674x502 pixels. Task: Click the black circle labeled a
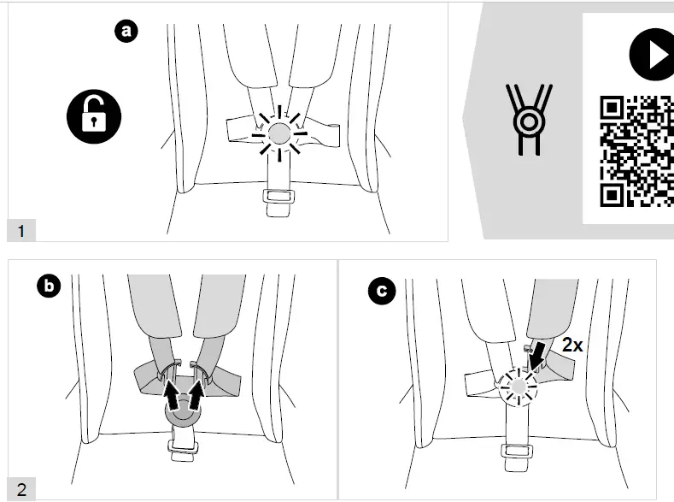tap(126, 32)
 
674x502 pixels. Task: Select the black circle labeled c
tap(381, 291)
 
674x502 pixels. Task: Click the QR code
tap(636, 151)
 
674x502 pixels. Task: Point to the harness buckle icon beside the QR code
tap(530, 118)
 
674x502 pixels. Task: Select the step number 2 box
tap(21, 489)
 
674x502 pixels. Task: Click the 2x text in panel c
tap(572, 345)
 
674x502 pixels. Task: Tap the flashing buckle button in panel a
tap(278, 133)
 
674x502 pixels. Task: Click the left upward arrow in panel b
tap(174, 396)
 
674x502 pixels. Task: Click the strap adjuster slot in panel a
tap(278, 196)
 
